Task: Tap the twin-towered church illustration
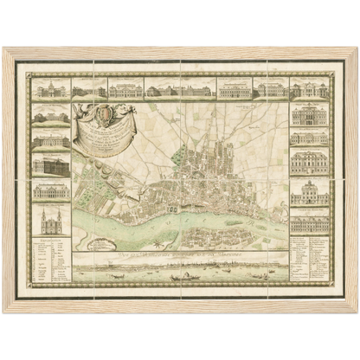pyautogui.click(x=51, y=220)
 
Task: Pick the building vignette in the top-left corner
pyautogui.click(x=51, y=89)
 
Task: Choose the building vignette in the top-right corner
pyautogui.click(x=309, y=89)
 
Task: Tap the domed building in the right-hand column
pyautogui.click(x=309, y=192)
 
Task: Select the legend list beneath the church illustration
pyautogui.click(x=51, y=260)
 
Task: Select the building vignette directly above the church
pyautogui.click(x=51, y=190)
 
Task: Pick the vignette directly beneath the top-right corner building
pyautogui.click(x=309, y=113)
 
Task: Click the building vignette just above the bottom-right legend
pyautogui.click(x=309, y=223)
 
